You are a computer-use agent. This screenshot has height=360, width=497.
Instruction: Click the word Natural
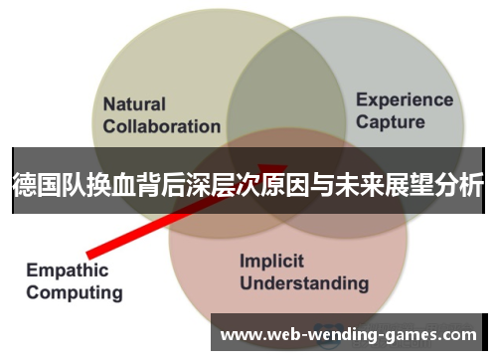[135, 103]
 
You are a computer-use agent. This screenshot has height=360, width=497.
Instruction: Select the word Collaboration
[162, 126]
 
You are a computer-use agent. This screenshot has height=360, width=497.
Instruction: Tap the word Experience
[405, 99]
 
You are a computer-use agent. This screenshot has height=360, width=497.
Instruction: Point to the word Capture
[390, 122]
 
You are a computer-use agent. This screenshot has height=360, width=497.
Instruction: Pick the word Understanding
[304, 283]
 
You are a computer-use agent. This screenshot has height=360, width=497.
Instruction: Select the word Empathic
[69, 270]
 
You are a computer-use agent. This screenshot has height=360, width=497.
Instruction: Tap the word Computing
[75, 292]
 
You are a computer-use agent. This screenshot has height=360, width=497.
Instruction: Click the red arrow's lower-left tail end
[90, 250]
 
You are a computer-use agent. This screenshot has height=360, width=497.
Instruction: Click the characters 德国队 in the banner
[48, 184]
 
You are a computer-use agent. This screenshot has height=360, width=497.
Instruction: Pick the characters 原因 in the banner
[318, 184]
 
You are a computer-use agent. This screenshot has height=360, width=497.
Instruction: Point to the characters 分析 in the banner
[465, 184]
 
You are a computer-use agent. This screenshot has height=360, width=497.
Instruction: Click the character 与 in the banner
[355, 184]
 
